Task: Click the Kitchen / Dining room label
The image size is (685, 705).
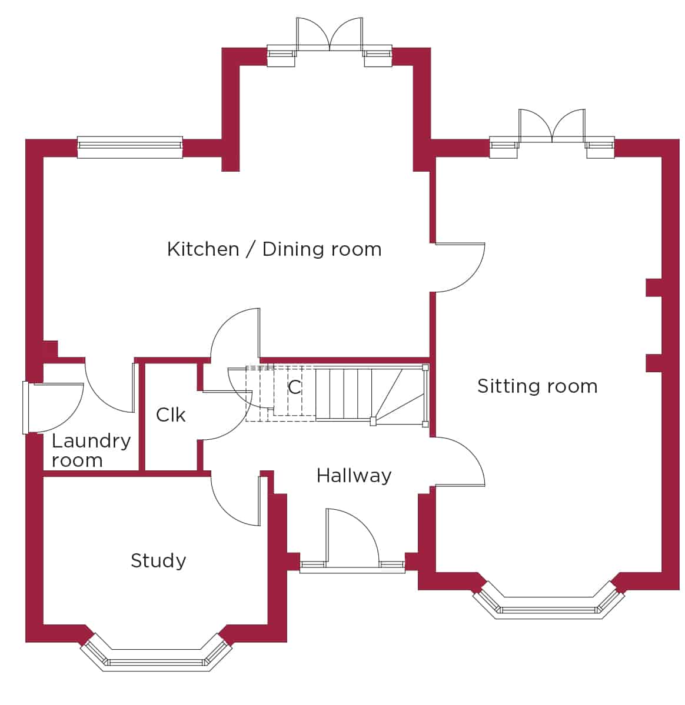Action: [274, 249]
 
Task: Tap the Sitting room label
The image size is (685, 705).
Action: [537, 386]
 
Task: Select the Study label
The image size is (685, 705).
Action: [158, 561]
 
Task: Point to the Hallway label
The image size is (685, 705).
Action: [354, 476]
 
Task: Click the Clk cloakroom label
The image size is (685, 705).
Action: [171, 415]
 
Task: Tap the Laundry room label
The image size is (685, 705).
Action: [91, 450]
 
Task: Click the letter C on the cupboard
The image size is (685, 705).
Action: [294, 387]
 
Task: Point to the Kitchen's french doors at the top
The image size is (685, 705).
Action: [330, 41]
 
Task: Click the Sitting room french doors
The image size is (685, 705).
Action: [552, 133]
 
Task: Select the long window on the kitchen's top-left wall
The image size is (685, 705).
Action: [129, 148]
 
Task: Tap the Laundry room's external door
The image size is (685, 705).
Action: [53, 407]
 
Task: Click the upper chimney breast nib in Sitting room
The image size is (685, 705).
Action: [653, 288]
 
